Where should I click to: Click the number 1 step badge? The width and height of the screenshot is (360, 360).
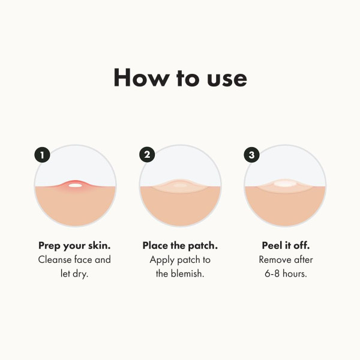pos(42,155)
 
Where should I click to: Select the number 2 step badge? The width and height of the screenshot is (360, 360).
pos(147,155)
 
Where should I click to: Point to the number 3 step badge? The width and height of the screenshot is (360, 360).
pos(251,155)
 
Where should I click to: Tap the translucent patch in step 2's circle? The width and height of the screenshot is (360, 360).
pos(180,185)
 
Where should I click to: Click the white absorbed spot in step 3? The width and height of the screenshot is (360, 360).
pos(285,184)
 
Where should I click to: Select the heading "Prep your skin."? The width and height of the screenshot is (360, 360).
pos(74,246)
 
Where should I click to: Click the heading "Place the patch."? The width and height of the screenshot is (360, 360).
pos(179,246)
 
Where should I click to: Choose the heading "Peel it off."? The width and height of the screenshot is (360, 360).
pos(286,246)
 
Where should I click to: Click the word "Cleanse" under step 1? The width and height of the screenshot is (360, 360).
pos(56,260)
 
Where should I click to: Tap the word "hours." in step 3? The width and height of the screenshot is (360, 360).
pos(296,274)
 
